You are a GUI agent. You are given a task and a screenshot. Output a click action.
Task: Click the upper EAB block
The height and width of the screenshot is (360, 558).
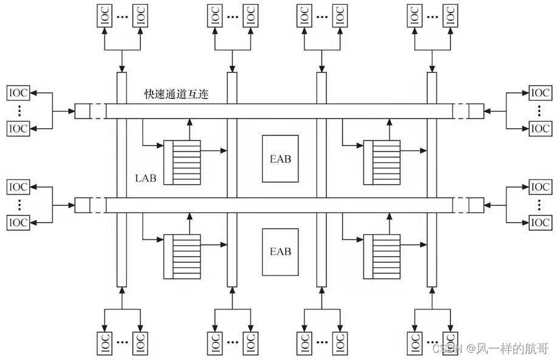coord(280,158)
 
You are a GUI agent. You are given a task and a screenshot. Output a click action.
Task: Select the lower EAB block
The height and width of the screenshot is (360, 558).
coord(280,251)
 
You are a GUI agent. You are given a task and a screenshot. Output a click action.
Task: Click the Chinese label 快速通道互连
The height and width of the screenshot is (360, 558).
coord(176,95)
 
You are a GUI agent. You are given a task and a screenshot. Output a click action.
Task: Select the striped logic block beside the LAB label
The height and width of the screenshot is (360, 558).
coord(182,162)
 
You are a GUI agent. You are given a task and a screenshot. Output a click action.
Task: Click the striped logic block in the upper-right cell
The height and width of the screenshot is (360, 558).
coord(381,162)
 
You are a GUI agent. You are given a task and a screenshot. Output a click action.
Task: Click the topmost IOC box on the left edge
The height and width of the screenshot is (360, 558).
coord(18,94)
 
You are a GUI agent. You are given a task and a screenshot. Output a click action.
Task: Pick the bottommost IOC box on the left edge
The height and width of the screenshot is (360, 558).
coord(18,223)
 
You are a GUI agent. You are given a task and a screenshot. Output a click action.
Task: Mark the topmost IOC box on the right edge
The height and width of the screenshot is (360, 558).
coord(540,94)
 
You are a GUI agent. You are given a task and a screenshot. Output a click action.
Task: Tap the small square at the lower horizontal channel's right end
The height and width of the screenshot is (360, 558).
coord(476,205)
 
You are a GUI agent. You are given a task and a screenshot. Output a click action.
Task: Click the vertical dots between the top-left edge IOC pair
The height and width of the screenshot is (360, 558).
coord(18,111)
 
